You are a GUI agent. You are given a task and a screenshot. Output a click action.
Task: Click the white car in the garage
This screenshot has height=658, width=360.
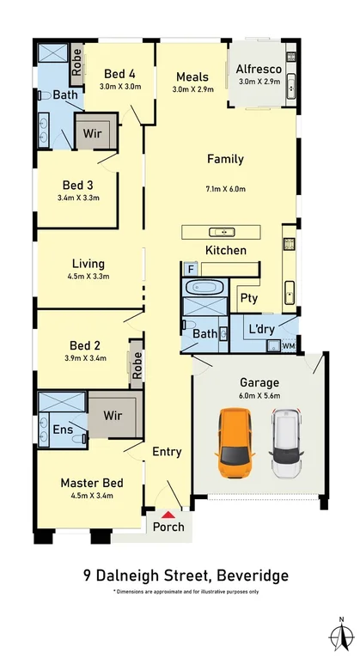coord(287,442)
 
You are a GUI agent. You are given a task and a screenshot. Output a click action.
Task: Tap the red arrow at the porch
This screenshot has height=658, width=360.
coord(168,515)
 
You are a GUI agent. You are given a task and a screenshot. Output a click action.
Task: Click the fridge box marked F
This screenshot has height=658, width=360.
coord(191,269)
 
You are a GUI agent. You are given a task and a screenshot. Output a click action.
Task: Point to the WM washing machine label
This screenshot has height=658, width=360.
coord(289,346)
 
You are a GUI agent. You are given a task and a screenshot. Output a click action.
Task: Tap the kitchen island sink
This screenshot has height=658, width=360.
coord(221,232)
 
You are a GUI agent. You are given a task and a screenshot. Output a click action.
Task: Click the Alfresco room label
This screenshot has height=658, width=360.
coord(259,69)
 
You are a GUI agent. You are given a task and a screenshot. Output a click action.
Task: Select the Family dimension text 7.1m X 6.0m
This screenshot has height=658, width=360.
coord(226,189)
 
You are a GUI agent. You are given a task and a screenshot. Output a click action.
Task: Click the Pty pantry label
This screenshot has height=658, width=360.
coord(249,298)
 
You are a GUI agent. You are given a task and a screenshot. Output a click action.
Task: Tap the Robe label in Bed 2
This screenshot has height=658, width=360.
coord(137,365)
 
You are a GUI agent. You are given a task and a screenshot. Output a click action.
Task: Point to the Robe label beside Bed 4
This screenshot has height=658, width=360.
coord(76,62)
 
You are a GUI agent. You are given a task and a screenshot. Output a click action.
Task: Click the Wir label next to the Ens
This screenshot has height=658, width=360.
coord(113,416)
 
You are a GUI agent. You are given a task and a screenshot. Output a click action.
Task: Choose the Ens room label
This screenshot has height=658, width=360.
coord(63,430)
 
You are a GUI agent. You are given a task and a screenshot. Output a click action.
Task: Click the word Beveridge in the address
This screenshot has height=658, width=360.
coord(252,575)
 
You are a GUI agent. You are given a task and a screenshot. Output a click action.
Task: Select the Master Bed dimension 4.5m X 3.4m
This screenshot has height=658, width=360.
coord(92,496)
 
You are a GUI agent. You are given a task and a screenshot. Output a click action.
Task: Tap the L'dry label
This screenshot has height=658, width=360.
coord(262,329)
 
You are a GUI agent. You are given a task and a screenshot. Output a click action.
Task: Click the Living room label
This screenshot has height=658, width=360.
coord(88,264)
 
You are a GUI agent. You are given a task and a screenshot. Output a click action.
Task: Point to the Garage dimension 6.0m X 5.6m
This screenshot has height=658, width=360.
coord(259,395)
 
